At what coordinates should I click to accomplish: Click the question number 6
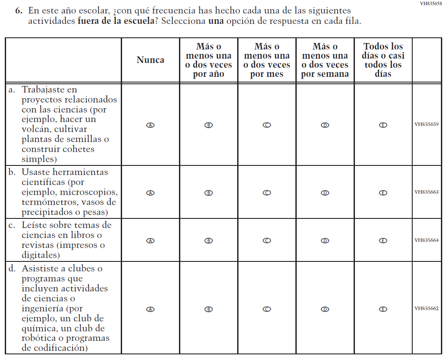[x=19, y=10]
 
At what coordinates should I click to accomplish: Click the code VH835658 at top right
[x=431, y=3]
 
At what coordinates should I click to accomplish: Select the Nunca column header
[x=150, y=60]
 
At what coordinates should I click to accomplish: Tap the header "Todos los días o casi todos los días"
[x=383, y=60]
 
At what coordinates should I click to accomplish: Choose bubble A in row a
[x=150, y=125]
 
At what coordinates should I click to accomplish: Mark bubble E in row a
[x=383, y=125]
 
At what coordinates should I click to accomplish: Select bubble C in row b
[x=267, y=193]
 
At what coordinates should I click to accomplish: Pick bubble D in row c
[x=325, y=240]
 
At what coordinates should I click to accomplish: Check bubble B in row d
[x=209, y=309]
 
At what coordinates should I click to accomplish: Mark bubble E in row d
[x=383, y=309]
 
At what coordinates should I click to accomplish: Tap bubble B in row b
[x=209, y=193]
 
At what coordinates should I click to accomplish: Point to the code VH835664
[x=426, y=240]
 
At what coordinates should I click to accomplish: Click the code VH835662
[x=426, y=308]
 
